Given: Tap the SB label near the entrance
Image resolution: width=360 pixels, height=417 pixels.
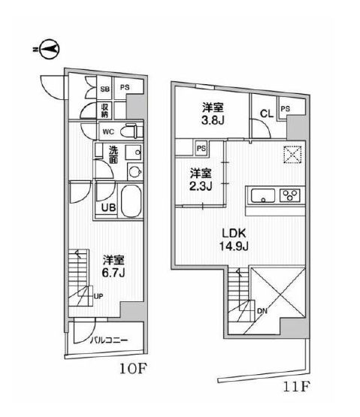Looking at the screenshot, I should pyautogui.click(x=105, y=88).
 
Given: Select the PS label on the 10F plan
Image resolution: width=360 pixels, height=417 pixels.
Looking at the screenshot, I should pyautogui.click(x=125, y=88).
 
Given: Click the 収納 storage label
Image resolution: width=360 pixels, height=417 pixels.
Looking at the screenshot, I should pyautogui.click(x=107, y=111).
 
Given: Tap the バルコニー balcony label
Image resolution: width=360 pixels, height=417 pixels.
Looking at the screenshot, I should pyautogui.click(x=110, y=340).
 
